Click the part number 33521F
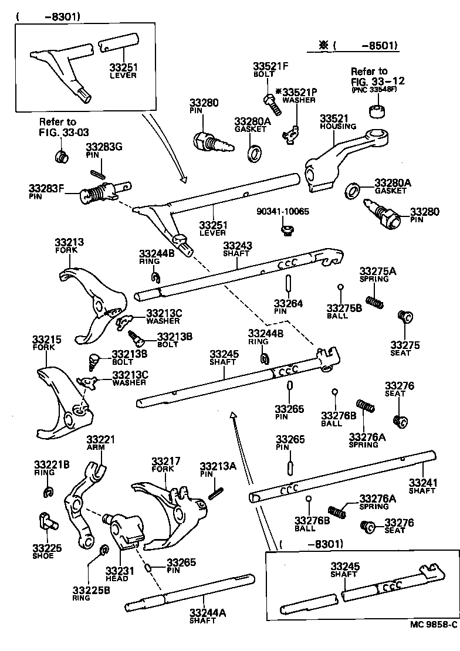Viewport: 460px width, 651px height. (271, 66)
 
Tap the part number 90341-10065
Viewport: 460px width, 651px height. (282, 211)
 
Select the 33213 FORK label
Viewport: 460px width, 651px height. (69, 245)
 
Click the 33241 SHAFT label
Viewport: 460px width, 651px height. (422, 486)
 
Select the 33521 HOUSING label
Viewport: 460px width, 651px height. (338, 122)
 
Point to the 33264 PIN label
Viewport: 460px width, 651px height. (289, 307)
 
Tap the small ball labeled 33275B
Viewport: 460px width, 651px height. (340, 287)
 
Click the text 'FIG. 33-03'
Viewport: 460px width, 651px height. (58, 132)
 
